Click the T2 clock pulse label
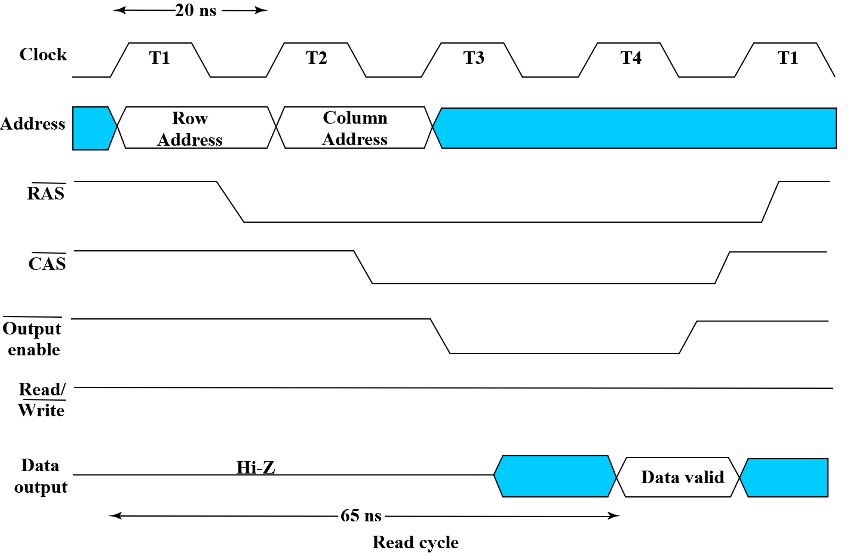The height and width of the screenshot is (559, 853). point(317,58)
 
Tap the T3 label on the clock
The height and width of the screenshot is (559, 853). point(474,58)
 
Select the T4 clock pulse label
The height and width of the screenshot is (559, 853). point(631,58)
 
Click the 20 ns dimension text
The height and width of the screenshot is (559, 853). point(196,11)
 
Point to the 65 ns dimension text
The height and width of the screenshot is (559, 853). point(361,515)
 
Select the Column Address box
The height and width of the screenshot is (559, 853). point(355,128)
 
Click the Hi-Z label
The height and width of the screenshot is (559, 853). point(256,467)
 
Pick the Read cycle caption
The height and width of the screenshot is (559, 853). point(415,542)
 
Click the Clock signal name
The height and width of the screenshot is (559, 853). point(43,54)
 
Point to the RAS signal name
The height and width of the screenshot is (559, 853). point(46,193)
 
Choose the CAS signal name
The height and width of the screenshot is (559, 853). point(47,263)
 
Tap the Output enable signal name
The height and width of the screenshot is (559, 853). point(33,339)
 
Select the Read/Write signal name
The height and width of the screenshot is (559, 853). point(41,400)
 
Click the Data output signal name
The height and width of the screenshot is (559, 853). point(41,476)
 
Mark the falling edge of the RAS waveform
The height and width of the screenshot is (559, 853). point(231,202)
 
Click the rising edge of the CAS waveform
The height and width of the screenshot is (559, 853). point(723,268)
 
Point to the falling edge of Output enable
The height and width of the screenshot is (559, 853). point(440,336)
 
